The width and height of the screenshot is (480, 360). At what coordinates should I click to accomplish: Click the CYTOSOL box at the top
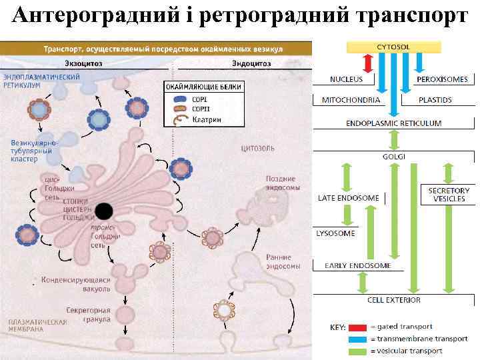click(x=393, y=47)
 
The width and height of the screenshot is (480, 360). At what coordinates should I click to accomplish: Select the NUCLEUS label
click(x=347, y=79)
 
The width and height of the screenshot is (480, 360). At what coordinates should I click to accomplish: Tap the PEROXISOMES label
click(x=442, y=79)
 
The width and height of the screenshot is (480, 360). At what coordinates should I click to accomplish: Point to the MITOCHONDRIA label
click(x=351, y=100)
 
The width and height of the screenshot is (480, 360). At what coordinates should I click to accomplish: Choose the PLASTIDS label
click(x=435, y=100)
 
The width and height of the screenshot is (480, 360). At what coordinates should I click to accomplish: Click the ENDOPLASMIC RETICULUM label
click(x=393, y=123)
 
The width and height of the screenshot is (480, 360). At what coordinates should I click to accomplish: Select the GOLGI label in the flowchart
click(x=393, y=157)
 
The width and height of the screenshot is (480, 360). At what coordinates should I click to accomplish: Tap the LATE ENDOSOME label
click(x=349, y=198)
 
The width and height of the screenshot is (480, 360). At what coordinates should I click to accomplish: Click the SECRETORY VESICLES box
click(x=449, y=195)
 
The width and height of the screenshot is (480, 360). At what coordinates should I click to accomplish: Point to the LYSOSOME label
click(x=336, y=233)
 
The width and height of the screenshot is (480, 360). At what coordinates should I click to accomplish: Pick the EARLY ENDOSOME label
click(x=358, y=266)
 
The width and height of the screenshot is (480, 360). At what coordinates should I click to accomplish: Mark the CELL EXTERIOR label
click(x=393, y=300)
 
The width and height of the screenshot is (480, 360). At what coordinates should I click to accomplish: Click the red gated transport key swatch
click(x=357, y=327)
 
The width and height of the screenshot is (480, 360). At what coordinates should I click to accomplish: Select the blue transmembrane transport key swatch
click(x=357, y=339)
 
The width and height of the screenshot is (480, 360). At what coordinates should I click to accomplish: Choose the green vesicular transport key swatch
click(x=357, y=351)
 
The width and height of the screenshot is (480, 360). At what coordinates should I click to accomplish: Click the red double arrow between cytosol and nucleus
click(x=366, y=63)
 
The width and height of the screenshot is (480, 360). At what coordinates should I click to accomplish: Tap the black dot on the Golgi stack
click(x=103, y=211)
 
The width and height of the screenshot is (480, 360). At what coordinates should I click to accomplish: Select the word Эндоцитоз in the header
click(x=251, y=63)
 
